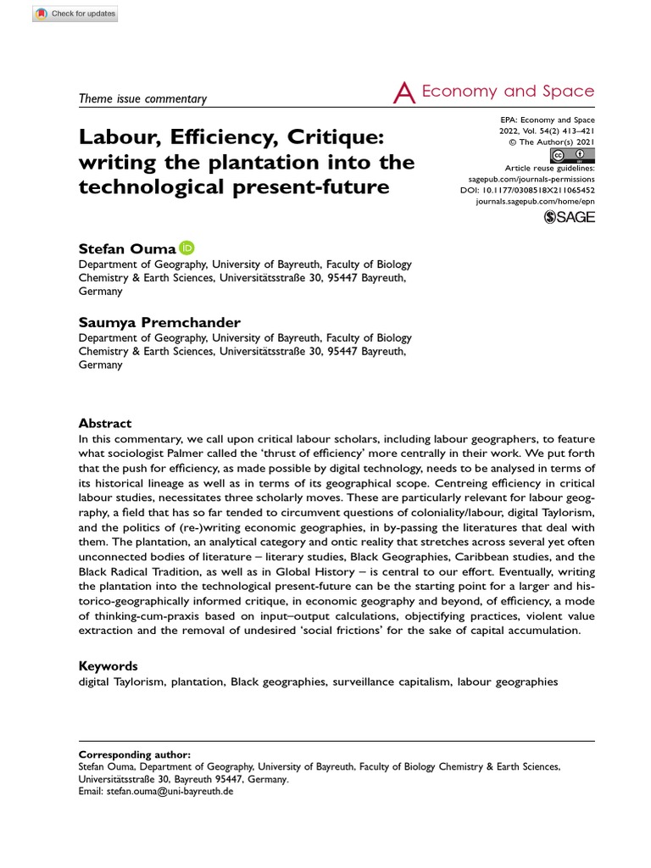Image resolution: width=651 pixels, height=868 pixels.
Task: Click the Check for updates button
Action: click(75, 14)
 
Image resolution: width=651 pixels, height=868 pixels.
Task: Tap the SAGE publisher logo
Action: click(570, 217)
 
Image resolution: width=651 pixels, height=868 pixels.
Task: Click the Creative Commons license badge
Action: click(572, 155)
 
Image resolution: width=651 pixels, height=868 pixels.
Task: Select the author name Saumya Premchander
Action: click(159, 322)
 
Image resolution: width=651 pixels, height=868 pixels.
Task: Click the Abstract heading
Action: click(105, 423)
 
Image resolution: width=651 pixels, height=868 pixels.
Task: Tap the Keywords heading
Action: click(108, 666)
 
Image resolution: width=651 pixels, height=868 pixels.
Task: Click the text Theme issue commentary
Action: click(142, 98)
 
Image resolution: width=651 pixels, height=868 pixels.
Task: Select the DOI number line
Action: click(533, 192)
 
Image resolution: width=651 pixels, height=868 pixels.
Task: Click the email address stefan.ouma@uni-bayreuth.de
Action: click(168, 791)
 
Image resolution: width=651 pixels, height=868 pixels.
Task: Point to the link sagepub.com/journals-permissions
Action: click(531, 180)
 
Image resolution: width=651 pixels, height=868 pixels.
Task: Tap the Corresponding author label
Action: click(135, 754)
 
